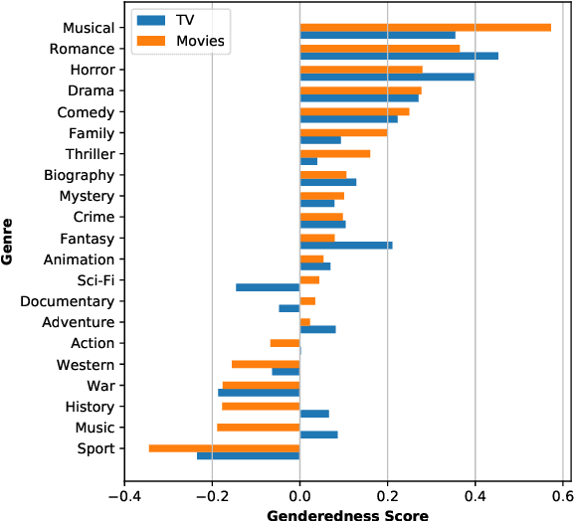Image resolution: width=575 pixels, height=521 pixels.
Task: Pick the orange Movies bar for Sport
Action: (224, 448)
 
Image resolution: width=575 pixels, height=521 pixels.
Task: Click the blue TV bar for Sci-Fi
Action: (268, 287)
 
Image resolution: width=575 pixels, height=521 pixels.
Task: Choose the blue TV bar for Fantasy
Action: (346, 245)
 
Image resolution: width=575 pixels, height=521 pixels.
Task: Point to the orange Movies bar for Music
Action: (258, 428)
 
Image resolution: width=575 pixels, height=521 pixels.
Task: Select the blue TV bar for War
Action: (259, 393)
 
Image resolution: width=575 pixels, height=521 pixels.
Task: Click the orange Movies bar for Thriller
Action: (334, 154)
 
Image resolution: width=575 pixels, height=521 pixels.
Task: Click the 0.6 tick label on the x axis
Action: (562, 492)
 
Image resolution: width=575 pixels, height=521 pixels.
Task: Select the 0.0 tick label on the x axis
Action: (299, 492)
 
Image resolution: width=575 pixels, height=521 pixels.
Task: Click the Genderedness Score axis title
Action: (347, 513)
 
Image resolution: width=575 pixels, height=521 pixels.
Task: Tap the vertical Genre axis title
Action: (9, 243)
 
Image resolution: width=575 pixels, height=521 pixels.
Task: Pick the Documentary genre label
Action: (67, 301)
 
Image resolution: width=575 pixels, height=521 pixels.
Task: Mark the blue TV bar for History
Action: (314, 414)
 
